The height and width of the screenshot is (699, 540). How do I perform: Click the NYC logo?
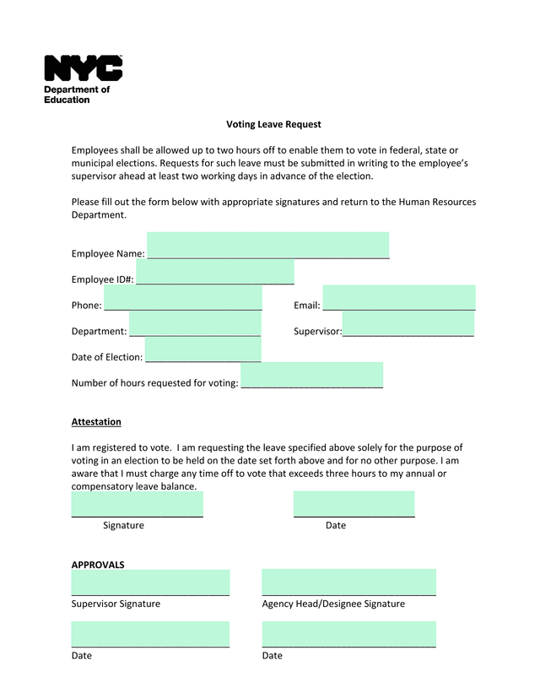pyautogui.click(x=84, y=68)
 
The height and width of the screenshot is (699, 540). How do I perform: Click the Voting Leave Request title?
pyautogui.click(x=273, y=124)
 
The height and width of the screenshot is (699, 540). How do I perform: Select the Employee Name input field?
pyautogui.click(x=268, y=245)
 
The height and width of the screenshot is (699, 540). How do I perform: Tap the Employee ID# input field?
pyautogui.click(x=215, y=273)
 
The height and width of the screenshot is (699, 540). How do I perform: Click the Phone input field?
pyautogui.click(x=183, y=298)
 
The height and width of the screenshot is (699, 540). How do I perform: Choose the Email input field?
pyautogui.click(x=399, y=298)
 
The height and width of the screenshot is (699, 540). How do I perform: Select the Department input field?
pyautogui.click(x=195, y=324)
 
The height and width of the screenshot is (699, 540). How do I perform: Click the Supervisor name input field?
pyautogui.click(x=408, y=324)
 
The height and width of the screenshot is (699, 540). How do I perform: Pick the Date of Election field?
pyautogui.click(x=202, y=349)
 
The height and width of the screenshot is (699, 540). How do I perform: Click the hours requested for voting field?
pyautogui.click(x=312, y=376)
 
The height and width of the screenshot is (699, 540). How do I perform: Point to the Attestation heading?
pyautogui.click(x=96, y=421)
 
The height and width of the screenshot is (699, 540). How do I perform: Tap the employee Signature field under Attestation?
pyautogui.click(x=138, y=504)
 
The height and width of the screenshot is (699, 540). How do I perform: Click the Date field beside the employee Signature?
pyautogui.click(x=354, y=504)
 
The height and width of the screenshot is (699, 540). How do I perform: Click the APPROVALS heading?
pyautogui.click(x=98, y=565)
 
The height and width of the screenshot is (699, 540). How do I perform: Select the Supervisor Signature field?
pyautogui.click(x=150, y=582)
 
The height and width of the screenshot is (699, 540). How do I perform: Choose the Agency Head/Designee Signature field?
pyautogui.click(x=348, y=582)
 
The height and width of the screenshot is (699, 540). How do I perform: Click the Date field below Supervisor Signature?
pyautogui.click(x=150, y=634)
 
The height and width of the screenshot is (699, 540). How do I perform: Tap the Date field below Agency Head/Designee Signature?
pyautogui.click(x=348, y=634)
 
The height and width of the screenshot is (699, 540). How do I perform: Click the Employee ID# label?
pyautogui.click(x=102, y=279)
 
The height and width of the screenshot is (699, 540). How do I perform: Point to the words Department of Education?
pyautogui.click(x=77, y=95)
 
